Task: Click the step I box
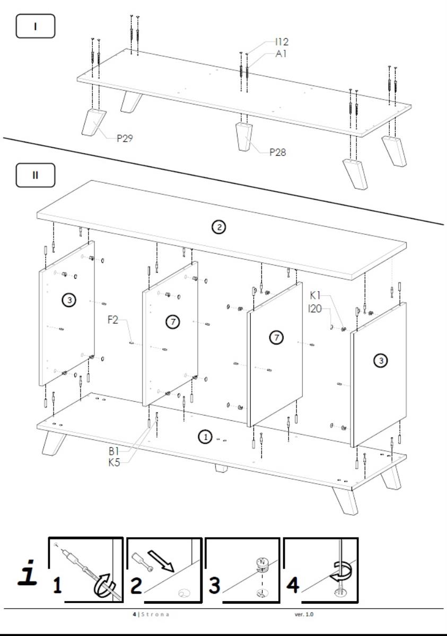pos(35,26)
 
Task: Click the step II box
pos(35,175)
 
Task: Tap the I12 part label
pos(282,42)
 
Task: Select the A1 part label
pos(281,54)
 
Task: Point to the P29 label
pos(125,138)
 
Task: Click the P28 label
pos(277,152)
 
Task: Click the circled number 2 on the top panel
pos(219,227)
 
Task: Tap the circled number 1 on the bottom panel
pos(206,437)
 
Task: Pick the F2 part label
pos(113,320)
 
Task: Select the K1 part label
pos(315,296)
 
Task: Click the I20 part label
pos(314,308)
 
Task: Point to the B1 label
pos(113,451)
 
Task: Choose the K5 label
pos(114,463)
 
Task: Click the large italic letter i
pos(28,572)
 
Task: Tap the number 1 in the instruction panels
pos(57,585)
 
